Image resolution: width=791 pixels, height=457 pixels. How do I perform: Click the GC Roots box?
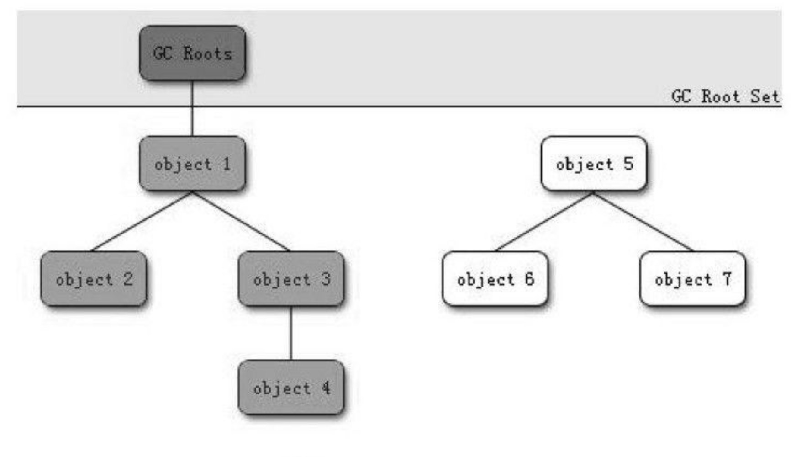(192, 53)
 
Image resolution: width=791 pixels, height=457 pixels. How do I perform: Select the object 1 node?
(192, 164)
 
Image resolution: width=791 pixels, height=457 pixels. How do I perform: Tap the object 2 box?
(94, 279)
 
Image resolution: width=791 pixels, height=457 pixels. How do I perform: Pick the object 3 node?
(291, 279)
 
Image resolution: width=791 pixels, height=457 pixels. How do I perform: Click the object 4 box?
(291, 388)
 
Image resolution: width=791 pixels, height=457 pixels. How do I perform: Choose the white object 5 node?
(594, 164)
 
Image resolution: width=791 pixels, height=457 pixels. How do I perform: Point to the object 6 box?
(495, 279)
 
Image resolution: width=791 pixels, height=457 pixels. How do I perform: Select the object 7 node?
(693, 279)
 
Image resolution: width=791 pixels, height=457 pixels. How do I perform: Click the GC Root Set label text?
(725, 96)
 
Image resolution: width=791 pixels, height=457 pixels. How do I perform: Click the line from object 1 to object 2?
(142, 221)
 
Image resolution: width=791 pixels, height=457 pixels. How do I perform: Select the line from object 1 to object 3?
(241, 221)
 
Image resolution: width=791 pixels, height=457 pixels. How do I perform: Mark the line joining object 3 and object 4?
(291, 333)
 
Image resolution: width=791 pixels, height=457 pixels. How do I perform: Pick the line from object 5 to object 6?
(544, 221)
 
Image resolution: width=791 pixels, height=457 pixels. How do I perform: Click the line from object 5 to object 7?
(643, 221)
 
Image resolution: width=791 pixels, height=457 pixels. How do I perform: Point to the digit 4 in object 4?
(326, 388)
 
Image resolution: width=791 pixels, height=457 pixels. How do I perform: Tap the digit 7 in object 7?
(727, 278)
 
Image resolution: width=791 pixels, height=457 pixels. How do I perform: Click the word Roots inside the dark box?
(208, 53)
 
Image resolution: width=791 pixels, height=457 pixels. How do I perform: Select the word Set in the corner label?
(765, 96)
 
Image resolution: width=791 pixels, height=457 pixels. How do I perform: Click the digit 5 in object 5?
(628, 163)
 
